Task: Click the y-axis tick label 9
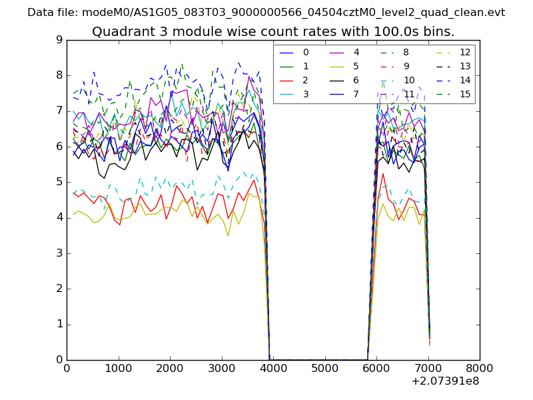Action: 59,40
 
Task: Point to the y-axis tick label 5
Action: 59,182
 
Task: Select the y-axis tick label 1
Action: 59,325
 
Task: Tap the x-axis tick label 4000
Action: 273,368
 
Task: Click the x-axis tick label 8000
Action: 480,368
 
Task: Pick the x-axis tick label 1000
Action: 118,368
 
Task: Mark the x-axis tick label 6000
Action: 376,368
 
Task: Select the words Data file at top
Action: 52,13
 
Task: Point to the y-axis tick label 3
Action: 59,253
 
